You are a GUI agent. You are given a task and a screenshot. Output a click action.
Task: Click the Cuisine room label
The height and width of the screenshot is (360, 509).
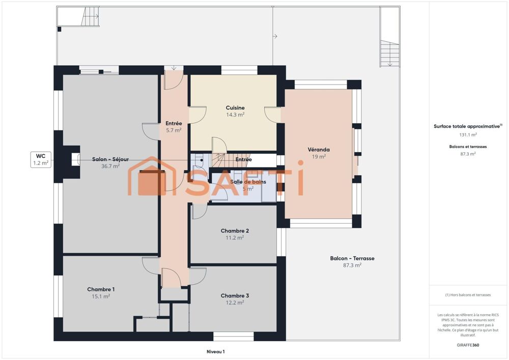pyautogui.click(x=235, y=108)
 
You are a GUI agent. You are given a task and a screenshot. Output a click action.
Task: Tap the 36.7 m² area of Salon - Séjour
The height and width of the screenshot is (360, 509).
pyautogui.click(x=110, y=166)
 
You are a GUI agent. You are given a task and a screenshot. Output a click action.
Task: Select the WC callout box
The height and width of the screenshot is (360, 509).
pyautogui.click(x=41, y=159)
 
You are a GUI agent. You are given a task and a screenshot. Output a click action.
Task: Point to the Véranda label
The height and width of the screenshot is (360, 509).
pyautogui.click(x=319, y=150)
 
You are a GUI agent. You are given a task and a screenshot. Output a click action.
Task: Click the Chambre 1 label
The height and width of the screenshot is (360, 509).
pyautogui.click(x=100, y=289)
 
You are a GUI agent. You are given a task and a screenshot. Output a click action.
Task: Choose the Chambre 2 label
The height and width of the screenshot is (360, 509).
pyautogui.click(x=235, y=231)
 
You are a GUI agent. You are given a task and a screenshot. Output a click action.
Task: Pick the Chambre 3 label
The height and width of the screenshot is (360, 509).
pyautogui.click(x=235, y=296)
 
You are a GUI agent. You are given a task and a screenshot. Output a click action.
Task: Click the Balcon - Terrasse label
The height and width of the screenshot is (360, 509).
pyautogui.click(x=352, y=259)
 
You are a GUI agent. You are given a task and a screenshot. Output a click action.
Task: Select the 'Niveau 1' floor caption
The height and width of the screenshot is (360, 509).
pyautogui.click(x=215, y=351)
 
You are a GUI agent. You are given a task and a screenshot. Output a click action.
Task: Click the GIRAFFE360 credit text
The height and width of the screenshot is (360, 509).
pyautogui.click(x=468, y=345)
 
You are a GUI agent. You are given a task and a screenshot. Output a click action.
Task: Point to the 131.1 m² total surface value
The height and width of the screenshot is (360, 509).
pyautogui.click(x=468, y=135)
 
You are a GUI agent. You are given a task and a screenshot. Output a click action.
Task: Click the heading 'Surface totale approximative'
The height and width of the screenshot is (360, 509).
pyautogui.click(x=467, y=126)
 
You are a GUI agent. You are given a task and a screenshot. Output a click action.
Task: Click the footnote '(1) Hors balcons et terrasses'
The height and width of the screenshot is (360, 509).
pyautogui.click(x=468, y=295)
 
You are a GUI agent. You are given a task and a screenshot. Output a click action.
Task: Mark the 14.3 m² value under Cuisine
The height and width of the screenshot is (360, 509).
pyautogui.click(x=235, y=115)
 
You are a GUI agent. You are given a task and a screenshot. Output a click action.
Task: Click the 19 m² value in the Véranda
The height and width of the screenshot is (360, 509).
pyautogui.click(x=319, y=157)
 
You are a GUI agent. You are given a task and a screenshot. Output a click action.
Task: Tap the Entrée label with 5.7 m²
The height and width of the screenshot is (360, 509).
pyautogui.click(x=174, y=127)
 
